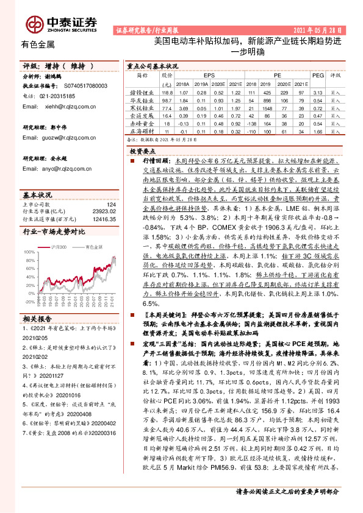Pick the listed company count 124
click(110, 205)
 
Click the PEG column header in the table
click(317, 76)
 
